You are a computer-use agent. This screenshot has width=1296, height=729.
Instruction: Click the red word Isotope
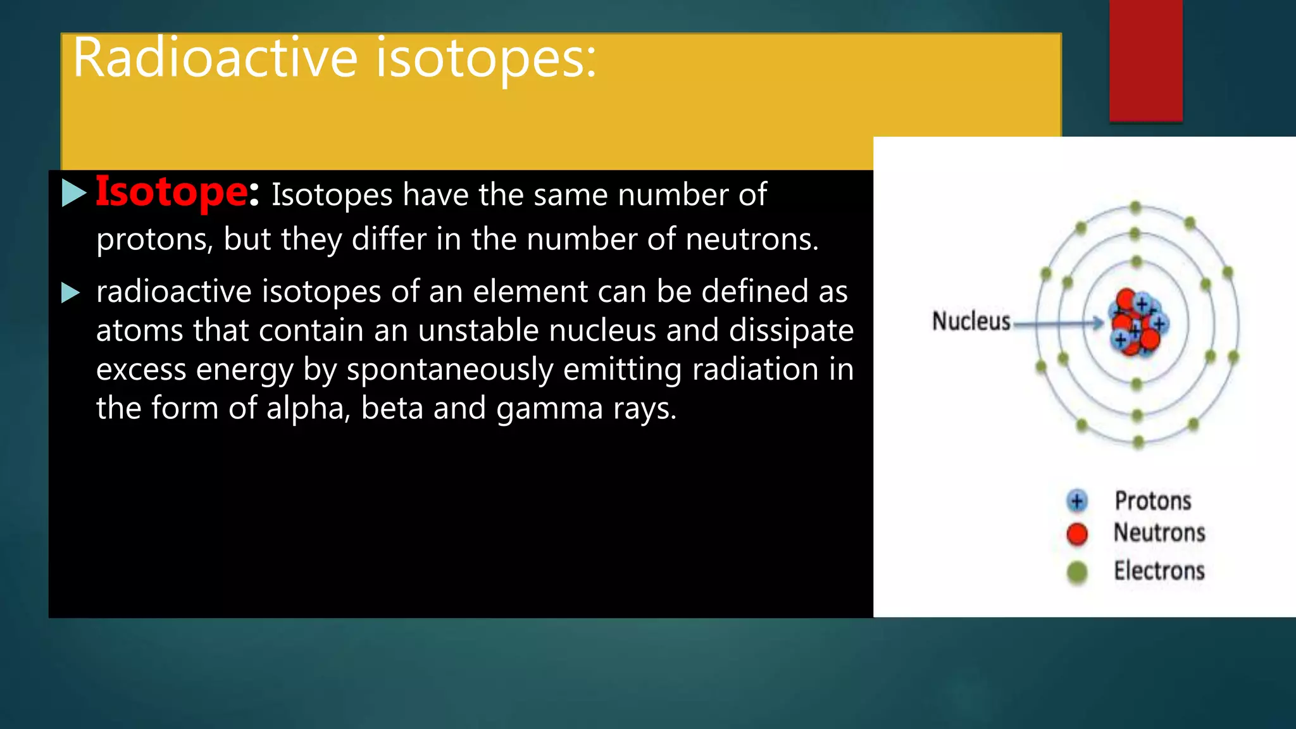(x=171, y=192)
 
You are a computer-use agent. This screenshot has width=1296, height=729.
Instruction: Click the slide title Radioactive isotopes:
(x=334, y=58)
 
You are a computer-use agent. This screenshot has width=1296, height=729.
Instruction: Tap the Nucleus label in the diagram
(x=971, y=321)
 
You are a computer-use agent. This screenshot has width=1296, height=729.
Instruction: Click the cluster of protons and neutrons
(x=1138, y=323)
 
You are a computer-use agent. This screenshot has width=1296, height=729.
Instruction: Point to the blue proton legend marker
(x=1076, y=501)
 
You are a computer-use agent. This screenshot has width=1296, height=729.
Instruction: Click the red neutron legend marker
(x=1076, y=534)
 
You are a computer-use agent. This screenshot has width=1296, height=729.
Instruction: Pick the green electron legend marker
(x=1076, y=572)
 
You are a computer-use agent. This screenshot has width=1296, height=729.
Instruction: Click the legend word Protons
(x=1152, y=501)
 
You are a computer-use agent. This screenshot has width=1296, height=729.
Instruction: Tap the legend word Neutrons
(x=1159, y=533)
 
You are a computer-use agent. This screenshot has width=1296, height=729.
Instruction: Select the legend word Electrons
(x=1159, y=571)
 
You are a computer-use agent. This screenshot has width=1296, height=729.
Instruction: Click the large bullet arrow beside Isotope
(x=73, y=193)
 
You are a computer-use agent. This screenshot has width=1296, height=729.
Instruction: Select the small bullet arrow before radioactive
(x=70, y=293)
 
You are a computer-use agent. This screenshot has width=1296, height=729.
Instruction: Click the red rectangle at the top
(x=1145, y=60)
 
